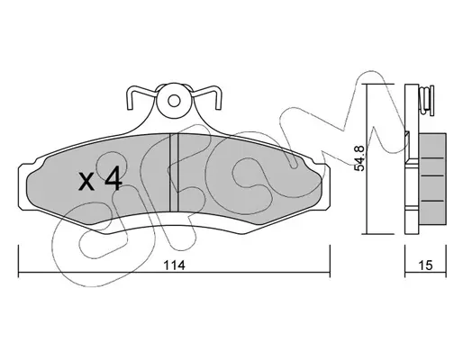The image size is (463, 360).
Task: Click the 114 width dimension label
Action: click(174, 265)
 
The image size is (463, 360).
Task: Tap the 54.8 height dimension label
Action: click(359, 158)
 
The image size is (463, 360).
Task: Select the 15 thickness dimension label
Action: click(426, 265)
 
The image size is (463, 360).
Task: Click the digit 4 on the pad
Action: click(113, 178)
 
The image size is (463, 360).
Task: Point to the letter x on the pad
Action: click(86, 182)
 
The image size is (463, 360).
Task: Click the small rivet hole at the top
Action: click(174, 101)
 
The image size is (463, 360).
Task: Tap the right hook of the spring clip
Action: click(206, 97)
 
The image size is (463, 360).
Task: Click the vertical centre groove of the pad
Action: click(174, 172)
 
